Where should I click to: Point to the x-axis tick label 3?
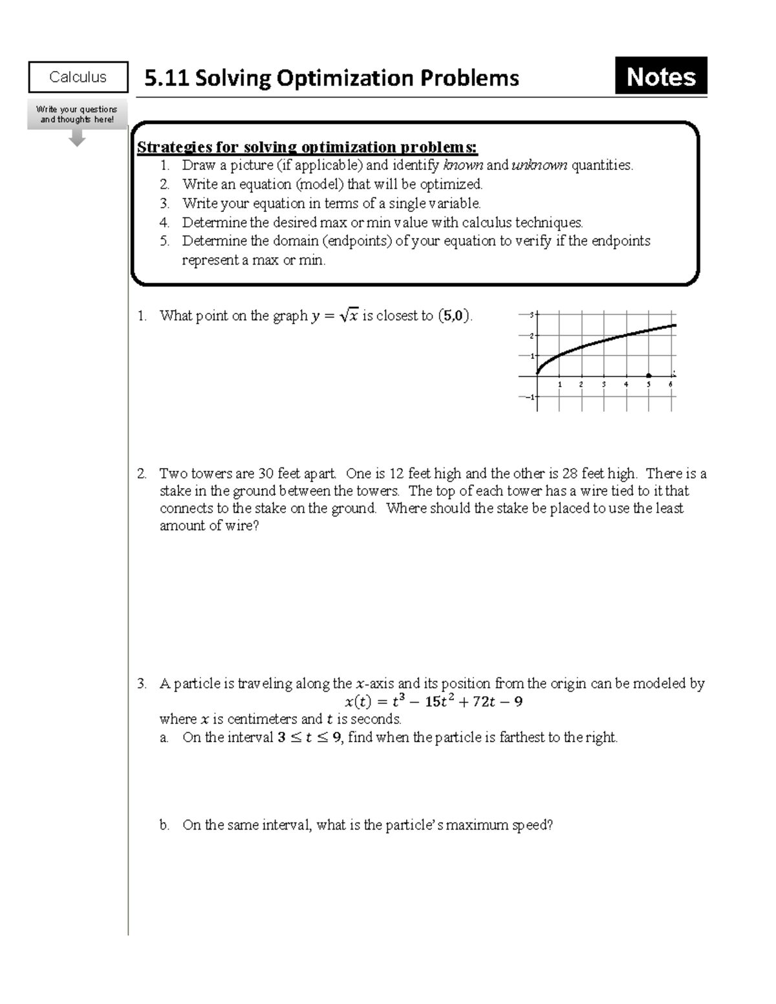tap(604, 385)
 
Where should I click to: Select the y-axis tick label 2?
tap(531, 336)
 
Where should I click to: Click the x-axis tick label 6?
tap(671, 385)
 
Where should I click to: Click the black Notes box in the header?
tap(661, 76)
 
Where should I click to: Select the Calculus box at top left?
tap(78, 77)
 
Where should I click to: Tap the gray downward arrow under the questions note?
tap(77, 138)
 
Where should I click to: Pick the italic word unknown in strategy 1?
tap(539, 166)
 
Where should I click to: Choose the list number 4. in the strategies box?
tap(164, 222)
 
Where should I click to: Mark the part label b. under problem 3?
tap(164, 825)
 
